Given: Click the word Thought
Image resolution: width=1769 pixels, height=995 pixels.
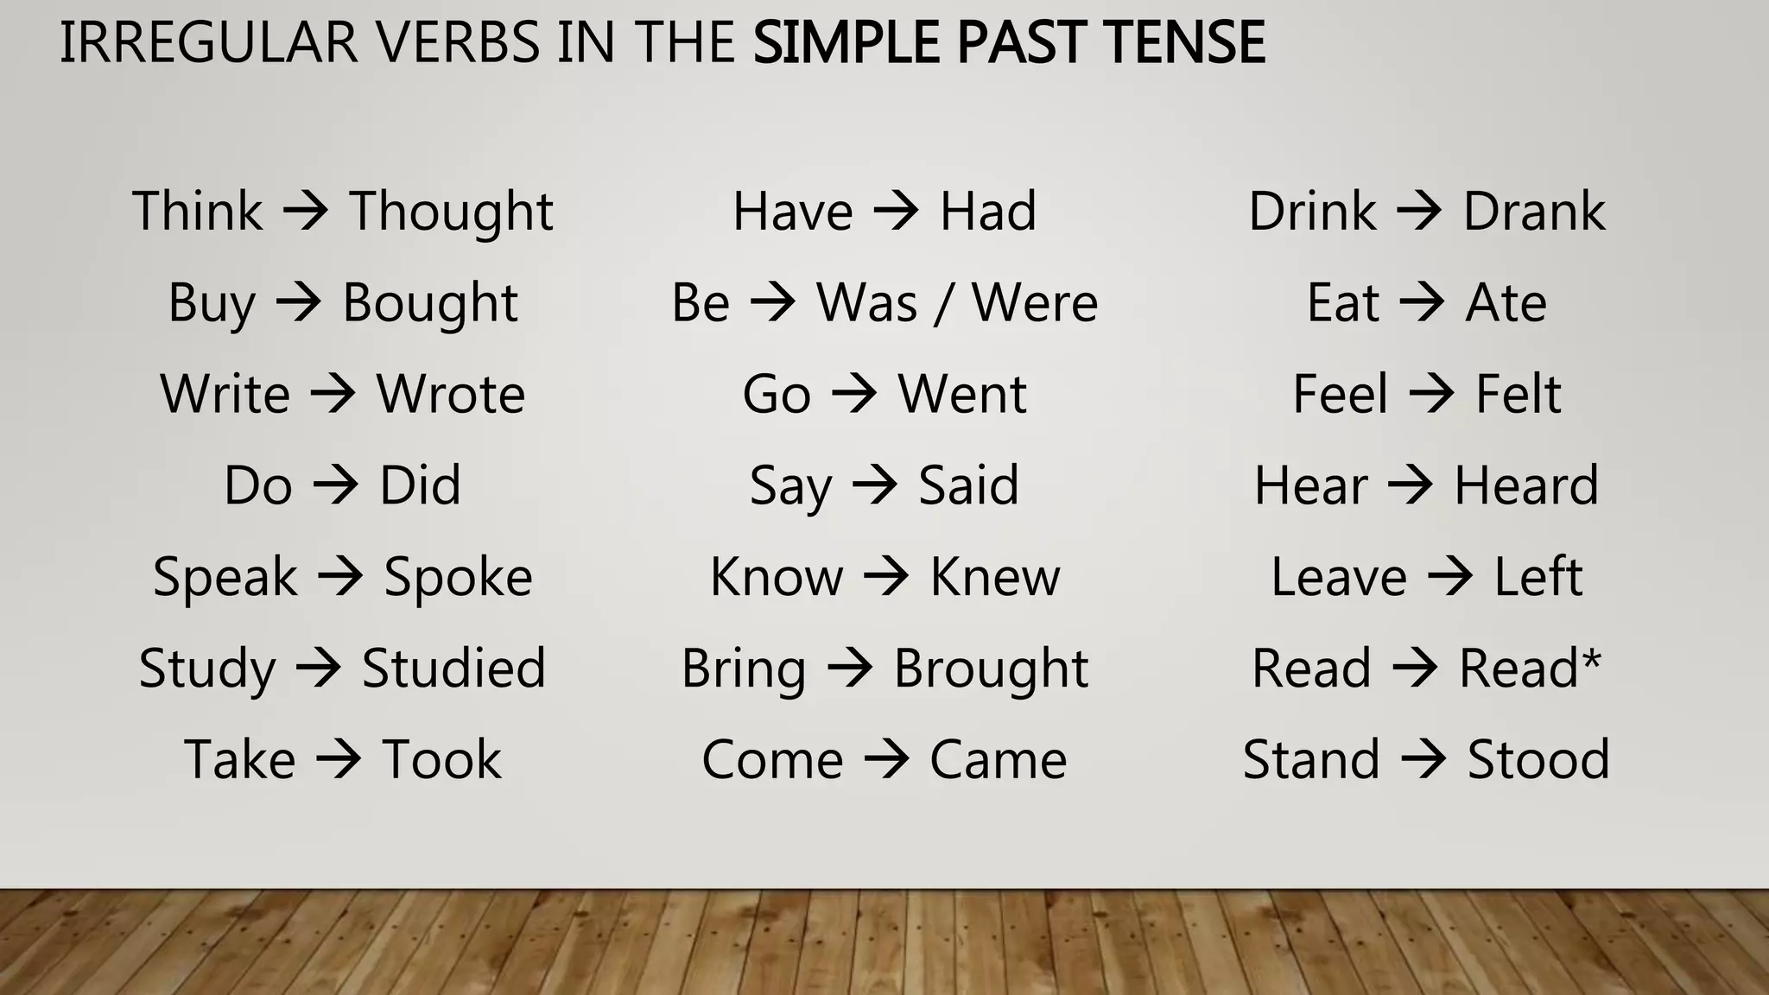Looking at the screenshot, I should pos(451,212).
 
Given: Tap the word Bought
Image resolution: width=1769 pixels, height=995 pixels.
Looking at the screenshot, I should pos(430,304).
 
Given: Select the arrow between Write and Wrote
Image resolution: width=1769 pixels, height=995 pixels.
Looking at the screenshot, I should pos(333,394).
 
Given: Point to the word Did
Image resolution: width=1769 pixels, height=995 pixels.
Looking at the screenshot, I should pos(420,485).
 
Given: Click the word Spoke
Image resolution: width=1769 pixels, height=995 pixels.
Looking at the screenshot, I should pos(458,577).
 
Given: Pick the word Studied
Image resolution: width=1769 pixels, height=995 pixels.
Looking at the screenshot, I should pos(453,669).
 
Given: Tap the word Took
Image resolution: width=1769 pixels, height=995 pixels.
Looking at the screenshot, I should pos(441,760).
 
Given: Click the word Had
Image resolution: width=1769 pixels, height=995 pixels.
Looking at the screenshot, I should pos(988,212).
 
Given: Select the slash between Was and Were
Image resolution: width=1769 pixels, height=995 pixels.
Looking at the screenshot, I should pos(945,304).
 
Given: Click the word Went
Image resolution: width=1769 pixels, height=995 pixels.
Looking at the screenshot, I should pos(962,395).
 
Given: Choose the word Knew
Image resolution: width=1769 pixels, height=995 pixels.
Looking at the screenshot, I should pos(994,577).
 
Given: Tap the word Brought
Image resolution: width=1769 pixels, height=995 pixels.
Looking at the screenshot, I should pos(991,669).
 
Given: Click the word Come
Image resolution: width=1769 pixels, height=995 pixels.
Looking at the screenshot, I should pos(772,760).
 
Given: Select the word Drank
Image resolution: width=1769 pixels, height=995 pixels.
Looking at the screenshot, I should pos(1534,212).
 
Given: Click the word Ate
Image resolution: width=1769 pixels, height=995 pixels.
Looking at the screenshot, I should pos(1506,303).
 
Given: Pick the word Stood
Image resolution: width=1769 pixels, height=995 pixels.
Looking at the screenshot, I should pos(1538,760).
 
